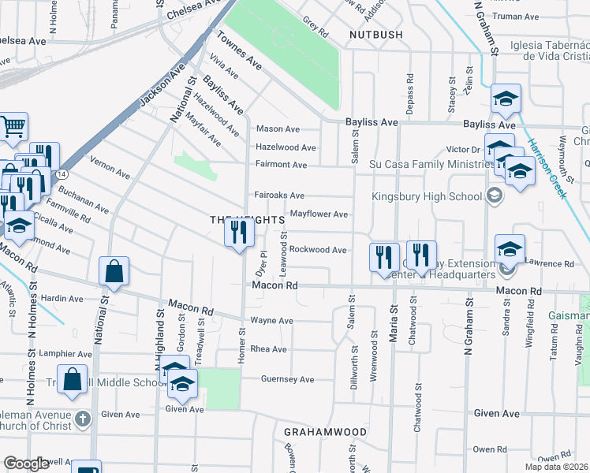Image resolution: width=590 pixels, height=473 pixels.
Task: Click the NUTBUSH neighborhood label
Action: (x=375, y=35)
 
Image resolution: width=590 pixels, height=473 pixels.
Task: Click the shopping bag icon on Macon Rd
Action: (x=114, y=271)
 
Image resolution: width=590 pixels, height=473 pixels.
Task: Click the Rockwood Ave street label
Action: (x=318, y=250)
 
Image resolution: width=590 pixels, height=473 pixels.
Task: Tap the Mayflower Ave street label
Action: (x=319, y=214)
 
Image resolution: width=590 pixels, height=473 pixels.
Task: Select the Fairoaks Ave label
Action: (x=279, y=196)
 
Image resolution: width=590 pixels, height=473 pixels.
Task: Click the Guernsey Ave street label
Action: (x=288, y=379)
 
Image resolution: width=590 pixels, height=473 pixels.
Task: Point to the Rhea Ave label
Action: (x=268, y=349)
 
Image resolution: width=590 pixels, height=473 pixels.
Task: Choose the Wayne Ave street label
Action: (x=271, y=321)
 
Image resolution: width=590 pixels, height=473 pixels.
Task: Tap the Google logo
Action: (x=26, y=464)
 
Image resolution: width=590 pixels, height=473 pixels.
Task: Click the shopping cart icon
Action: (x=13, y=126)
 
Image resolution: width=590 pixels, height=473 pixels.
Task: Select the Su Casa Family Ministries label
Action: (x=430, y=165)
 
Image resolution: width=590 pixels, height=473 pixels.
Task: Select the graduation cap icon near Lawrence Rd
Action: (x=510, y=248)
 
